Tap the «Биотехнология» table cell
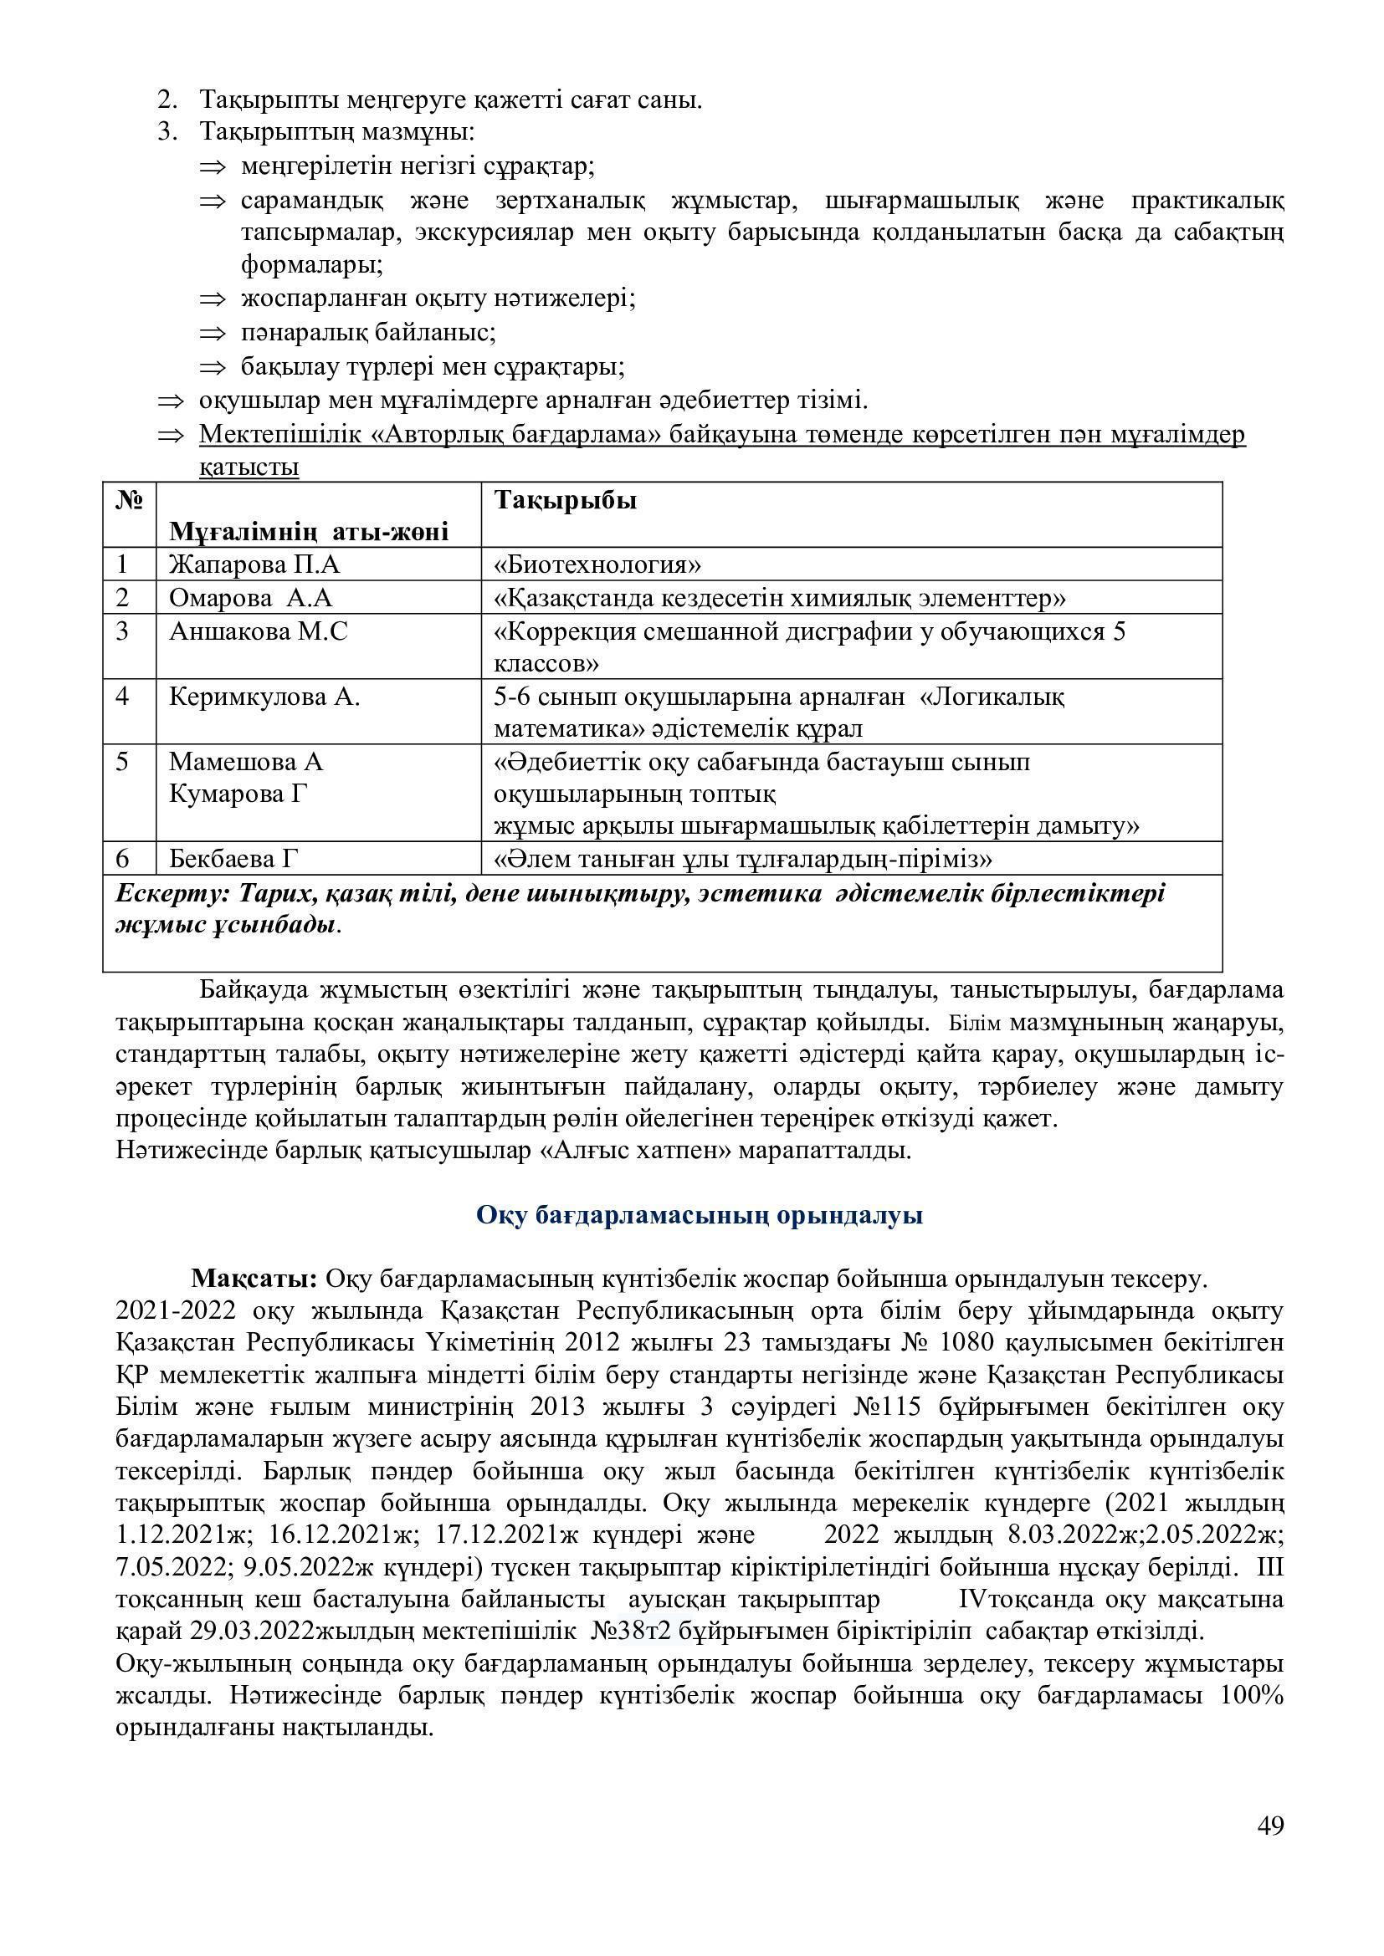point(597,564)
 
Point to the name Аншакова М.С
point(259,631)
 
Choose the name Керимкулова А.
point(264,697)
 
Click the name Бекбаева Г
point(234,858)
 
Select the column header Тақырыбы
point(565,500)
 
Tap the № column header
point(129,500)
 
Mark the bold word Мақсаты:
point(254,1279)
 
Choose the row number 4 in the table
point(123,697)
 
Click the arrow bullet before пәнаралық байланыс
point(213,333)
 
